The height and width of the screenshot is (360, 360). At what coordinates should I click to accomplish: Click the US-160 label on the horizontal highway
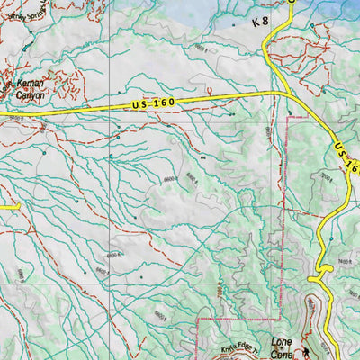click(x=150, y=104)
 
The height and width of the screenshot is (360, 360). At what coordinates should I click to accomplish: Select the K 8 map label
click(x=260, y=20)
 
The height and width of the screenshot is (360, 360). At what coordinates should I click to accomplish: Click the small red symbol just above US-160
click(x=210, y=91)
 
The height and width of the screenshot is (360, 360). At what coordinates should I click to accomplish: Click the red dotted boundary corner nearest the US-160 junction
click(x=288, y=119)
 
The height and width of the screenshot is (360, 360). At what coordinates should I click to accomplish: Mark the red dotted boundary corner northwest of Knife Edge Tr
click(x=199, y=319)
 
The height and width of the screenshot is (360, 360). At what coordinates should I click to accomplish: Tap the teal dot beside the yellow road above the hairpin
click(x=330, y=238)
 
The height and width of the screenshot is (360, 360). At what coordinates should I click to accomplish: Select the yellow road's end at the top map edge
click(x=292, y=3)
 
